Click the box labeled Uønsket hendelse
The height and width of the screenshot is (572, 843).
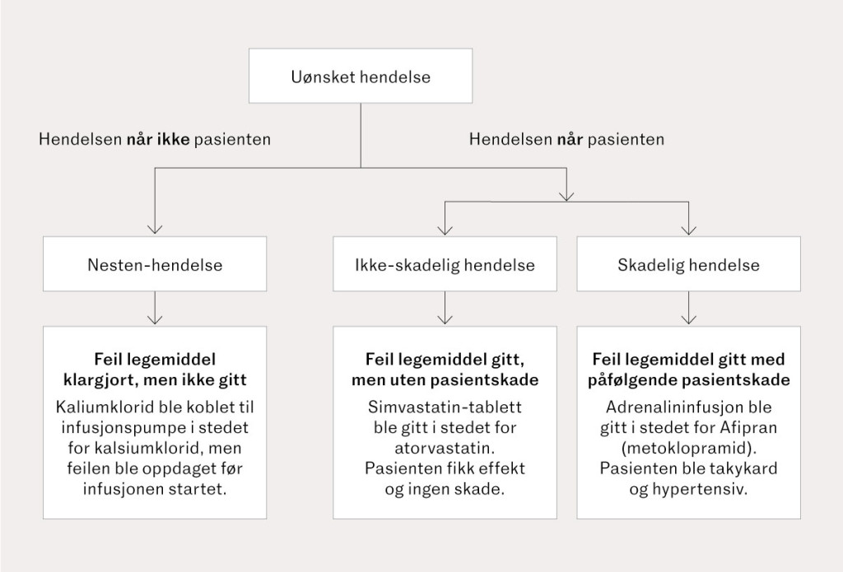click(361, 78)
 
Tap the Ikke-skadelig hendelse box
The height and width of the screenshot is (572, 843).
click(445, 265)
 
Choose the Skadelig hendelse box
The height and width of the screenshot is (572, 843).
click(688, 265)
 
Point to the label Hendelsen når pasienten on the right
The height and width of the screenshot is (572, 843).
click(566, 140)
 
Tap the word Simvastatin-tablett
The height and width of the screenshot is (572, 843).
click(445, 407)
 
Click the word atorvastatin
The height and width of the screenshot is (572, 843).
click(445, 449)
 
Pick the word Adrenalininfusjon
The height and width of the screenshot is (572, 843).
click(668, 407)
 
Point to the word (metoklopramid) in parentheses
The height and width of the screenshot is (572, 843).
click(688, 449)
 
